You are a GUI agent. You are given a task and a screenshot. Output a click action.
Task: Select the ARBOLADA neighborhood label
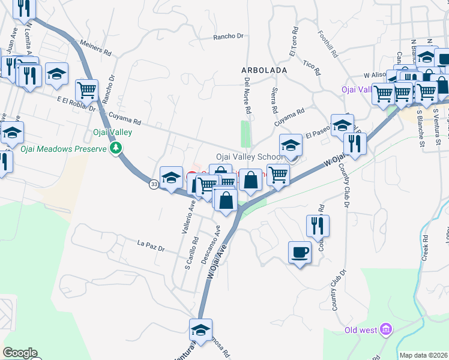[264, 70]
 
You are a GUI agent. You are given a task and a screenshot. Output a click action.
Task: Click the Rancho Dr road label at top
[229, 37]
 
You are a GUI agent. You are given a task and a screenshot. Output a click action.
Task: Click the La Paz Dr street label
[151, 244]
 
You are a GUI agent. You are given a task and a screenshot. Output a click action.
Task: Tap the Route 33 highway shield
[154, 185]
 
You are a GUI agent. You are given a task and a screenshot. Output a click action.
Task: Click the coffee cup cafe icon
[299, 253]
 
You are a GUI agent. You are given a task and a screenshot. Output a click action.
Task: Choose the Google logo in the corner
[20, 353]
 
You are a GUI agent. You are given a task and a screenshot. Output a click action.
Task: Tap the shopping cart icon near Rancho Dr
[86, 91]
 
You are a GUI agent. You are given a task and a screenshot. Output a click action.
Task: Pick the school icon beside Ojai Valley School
[290, 146]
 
